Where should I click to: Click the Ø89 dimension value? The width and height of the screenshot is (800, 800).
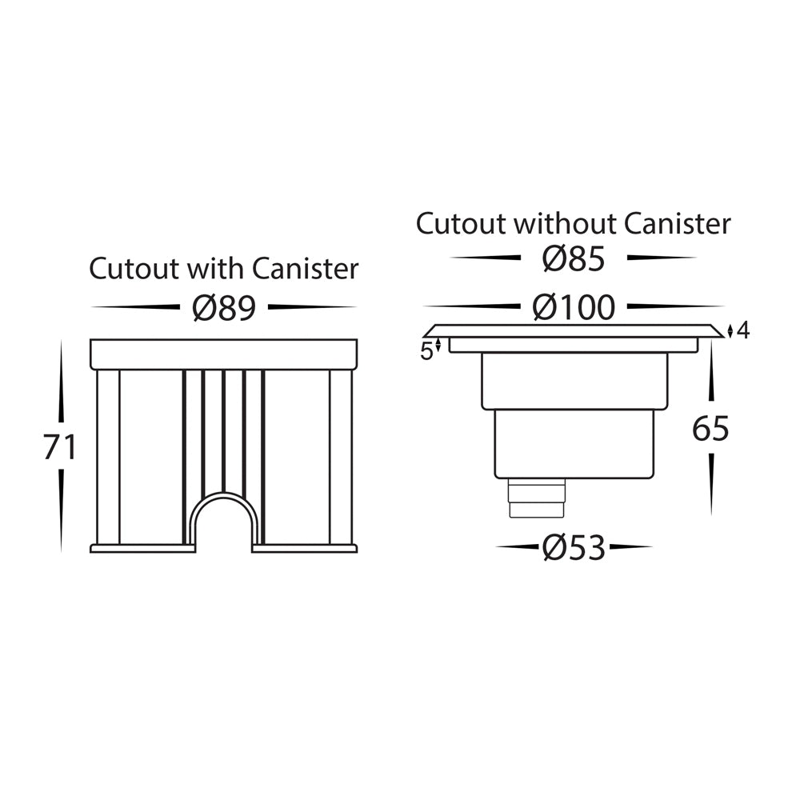[x=224, y=307]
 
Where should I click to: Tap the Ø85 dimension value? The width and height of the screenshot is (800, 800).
[x=573, y=258]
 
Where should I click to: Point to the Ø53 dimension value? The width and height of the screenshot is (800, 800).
[x=573, y=548]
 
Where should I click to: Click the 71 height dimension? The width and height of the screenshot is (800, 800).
[x=60, y=448]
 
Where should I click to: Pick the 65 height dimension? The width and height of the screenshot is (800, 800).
[x=710, y=430]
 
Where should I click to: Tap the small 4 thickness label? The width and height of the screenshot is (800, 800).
[x=743, y=330]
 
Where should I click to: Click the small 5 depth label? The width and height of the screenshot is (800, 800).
[x=426, y=350]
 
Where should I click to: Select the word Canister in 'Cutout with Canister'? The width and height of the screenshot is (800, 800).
[x=306, y=269]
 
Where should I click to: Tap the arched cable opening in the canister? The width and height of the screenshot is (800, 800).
[x=224, y=524]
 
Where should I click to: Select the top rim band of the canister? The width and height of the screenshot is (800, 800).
[x=224, y=354]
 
